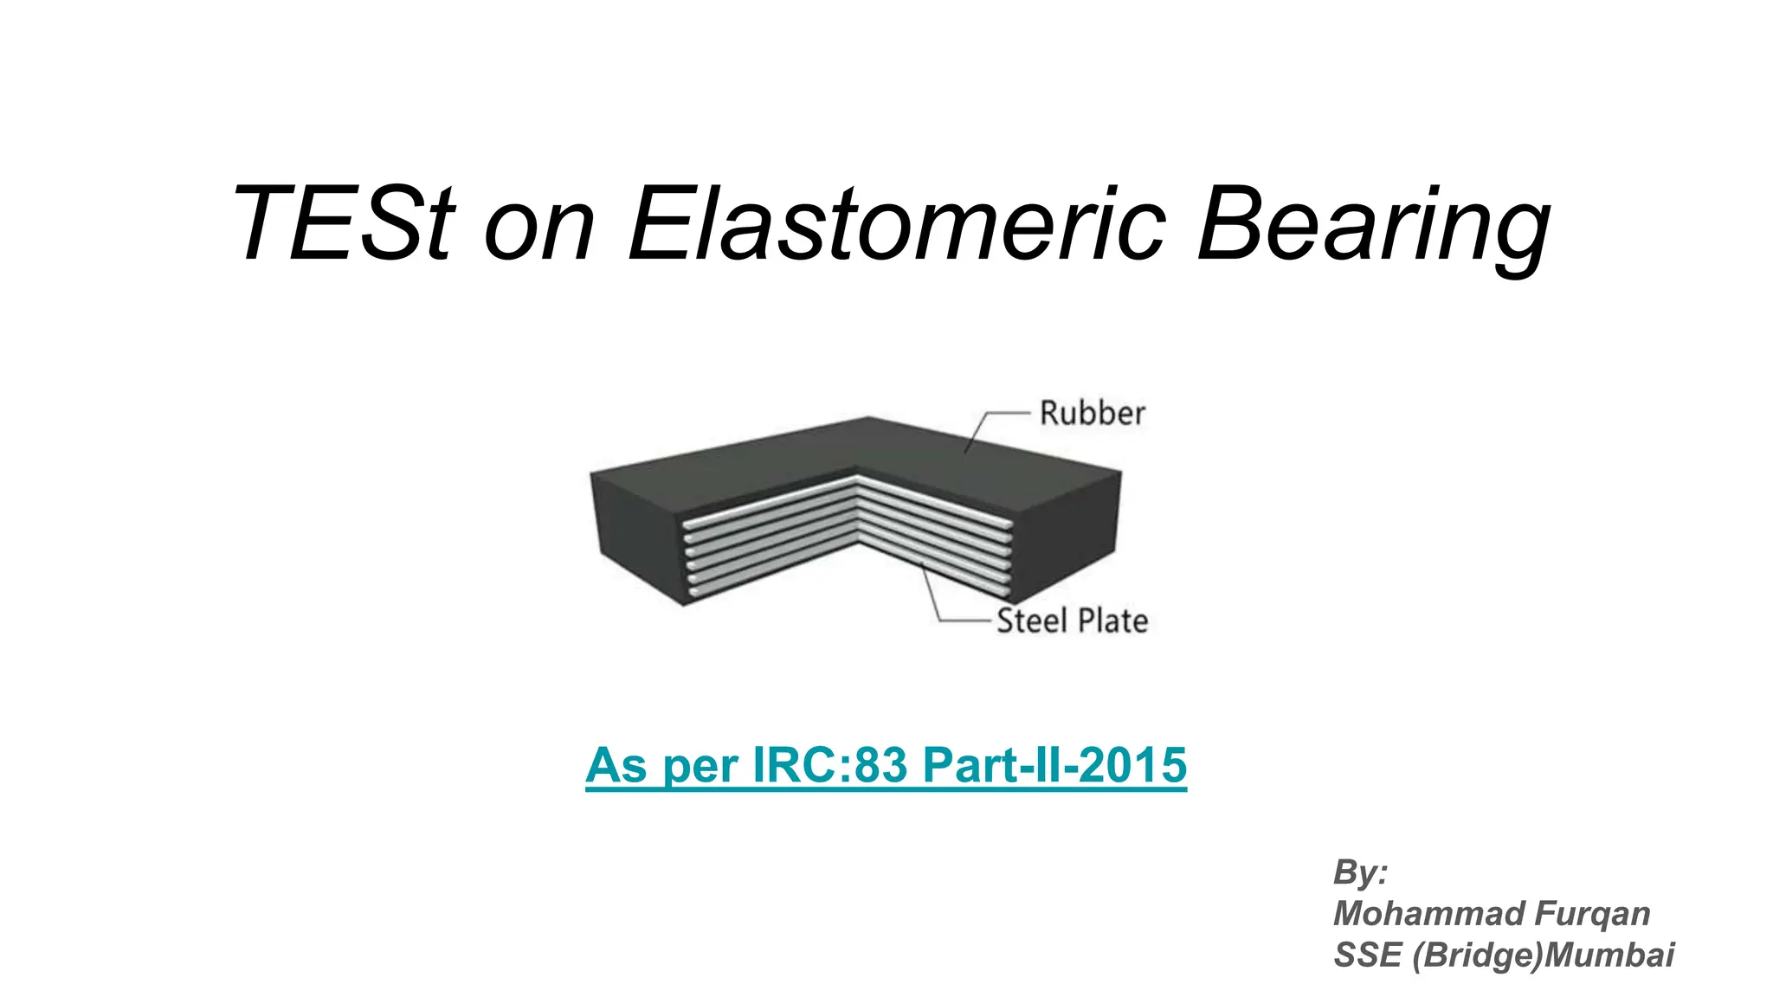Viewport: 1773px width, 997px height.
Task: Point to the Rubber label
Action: (x=1093, y=414)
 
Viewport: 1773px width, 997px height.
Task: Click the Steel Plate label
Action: (x=1072, y=621)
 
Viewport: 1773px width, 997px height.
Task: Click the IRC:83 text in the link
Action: (x=831, y=766)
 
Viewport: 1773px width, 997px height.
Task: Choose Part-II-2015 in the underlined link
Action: (x=1054, y=766)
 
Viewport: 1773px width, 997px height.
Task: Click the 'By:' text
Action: (x=1360, y=872)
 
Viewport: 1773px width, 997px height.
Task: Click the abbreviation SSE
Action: (x=1367, y=955)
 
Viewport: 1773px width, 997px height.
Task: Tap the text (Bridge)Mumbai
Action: (x=1544, y=955)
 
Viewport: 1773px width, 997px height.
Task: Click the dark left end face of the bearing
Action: (x=636, y=537)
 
